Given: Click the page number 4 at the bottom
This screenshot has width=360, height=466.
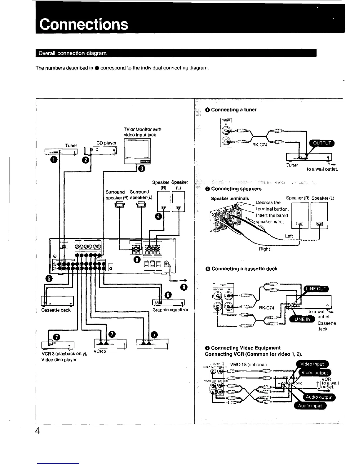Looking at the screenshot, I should pos(37,431).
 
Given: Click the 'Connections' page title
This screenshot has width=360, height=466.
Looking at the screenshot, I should pos(84,24).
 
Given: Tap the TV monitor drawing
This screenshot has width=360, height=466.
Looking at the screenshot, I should pos(137,152).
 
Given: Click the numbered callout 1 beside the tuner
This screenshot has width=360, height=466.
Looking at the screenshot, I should pos(54,160).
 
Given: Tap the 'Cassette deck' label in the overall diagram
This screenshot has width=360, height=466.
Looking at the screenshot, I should pos(56,310).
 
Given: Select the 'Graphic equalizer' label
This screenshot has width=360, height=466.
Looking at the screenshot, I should pos(170,310).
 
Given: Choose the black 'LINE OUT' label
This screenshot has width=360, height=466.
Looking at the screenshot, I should pos(316,289).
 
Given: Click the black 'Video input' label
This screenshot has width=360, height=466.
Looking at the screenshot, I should pos(312,364).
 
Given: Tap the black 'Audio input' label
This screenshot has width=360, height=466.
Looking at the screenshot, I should pos(310,406).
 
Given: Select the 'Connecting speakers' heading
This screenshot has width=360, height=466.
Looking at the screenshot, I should pos(236,189).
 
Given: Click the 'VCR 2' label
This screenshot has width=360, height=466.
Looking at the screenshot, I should pos(100,351).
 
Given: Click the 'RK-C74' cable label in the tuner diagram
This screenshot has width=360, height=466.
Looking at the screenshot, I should pos(260,145).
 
